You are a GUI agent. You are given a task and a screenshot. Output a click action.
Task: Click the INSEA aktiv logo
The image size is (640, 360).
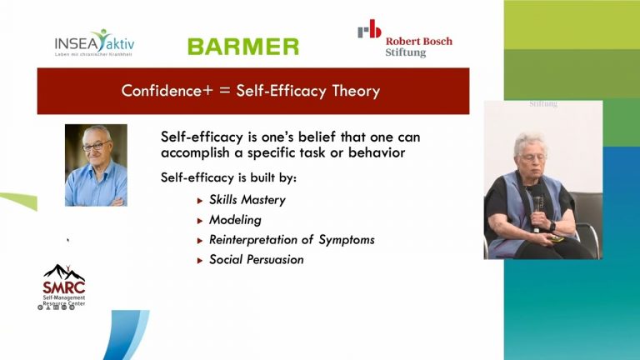(93, 42)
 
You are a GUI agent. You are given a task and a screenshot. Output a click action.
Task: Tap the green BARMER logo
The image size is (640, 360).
(242, 46)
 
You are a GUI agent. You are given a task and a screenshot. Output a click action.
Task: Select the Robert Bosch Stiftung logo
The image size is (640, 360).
(405, 38)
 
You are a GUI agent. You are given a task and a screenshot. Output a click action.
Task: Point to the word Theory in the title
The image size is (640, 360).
(353, 91)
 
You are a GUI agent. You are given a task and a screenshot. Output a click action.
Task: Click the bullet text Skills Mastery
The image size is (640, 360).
(247, 200)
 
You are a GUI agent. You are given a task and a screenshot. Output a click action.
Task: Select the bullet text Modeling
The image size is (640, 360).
(235, 220)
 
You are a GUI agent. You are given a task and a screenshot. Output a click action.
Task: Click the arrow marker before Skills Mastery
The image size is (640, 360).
(200, 201)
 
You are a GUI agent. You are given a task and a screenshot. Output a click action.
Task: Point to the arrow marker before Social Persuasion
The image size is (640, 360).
(200, 261)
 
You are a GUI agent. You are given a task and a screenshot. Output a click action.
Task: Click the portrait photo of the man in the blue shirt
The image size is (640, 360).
(96, 165)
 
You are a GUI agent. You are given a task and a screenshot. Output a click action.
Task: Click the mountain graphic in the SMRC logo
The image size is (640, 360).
(64, 272)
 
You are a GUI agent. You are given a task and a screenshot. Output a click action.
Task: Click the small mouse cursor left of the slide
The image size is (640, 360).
(68, 240)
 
